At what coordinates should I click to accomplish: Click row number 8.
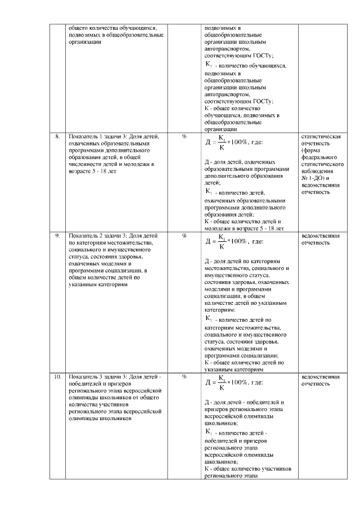tap(57, 136)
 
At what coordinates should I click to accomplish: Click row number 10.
tap(57, 376)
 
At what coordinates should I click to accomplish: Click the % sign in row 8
tap(184, 136)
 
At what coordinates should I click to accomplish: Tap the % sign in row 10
tap(184, 376)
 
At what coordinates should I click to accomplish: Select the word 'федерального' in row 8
tap(319, 157)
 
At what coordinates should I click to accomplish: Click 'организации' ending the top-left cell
tap(84, 41)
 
